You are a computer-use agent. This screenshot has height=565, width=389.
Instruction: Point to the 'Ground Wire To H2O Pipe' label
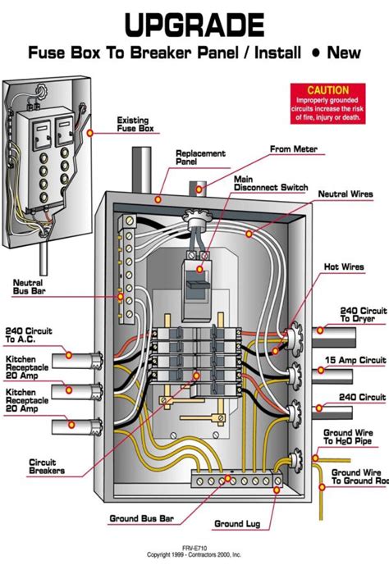pyautogui.click(x=355, y=436)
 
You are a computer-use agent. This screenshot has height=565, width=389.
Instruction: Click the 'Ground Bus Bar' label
pyautogui.click(x=138, y=518)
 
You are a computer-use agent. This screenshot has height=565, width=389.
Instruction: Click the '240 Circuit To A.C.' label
pyautogui.click(x=28, y=335)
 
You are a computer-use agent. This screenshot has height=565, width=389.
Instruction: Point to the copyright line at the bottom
pyautogui.click(x=194, y=556)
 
